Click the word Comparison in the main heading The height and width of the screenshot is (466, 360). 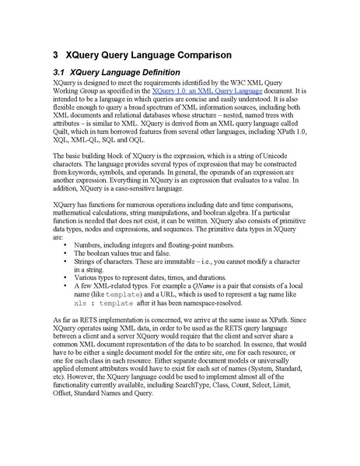pyautogui.click(x=200, y=56)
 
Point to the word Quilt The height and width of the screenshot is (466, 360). pyautogui.click(x=60, y=134)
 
